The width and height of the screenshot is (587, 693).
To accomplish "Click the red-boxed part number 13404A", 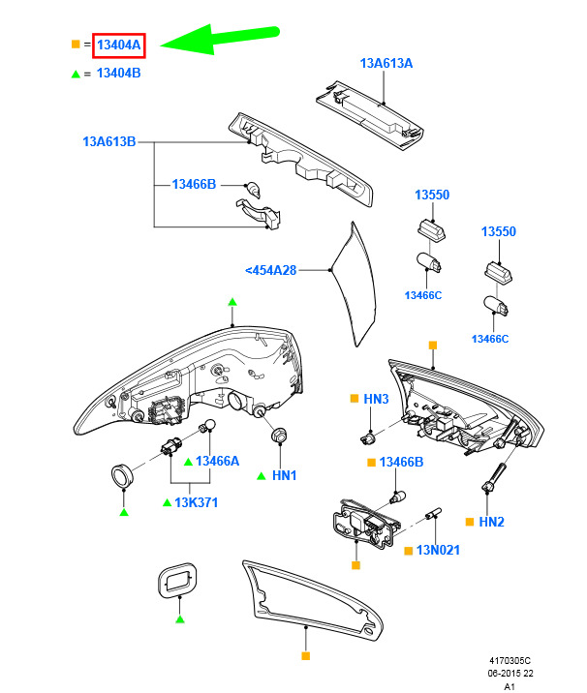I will pos(119,45).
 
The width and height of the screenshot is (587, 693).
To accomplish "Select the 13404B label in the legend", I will pos(119,74).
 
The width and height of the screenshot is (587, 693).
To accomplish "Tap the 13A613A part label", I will pos(386,64).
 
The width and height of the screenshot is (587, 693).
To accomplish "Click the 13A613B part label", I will pos(108,142).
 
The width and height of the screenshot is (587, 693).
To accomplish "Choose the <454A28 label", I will pos(270,270).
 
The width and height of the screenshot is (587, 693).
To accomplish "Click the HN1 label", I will pos(284,476).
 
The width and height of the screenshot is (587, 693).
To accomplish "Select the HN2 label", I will pos(492,523).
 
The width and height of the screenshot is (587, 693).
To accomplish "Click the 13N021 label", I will pos(438,551).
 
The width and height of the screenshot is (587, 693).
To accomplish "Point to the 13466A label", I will pos(217,462).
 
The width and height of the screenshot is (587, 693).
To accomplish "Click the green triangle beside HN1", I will pos(262,476).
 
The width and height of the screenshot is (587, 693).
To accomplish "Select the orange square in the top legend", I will pos(76,45).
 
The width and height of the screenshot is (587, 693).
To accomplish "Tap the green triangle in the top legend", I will pos(76,74).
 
